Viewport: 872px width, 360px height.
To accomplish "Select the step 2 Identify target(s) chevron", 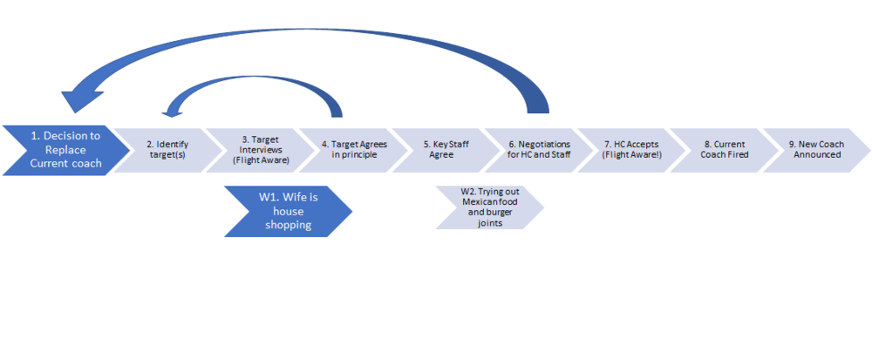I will [167, 149].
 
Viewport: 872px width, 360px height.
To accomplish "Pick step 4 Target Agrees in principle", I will [352, 149].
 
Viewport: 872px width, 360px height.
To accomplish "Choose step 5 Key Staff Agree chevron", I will [445, 149].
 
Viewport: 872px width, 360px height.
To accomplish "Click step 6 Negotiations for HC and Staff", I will [539, 149].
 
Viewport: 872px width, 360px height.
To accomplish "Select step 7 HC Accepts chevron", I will [630, 149].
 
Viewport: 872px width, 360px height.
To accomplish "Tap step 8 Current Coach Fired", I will [722, 149].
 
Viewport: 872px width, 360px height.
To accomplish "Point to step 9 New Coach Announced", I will [814, 149].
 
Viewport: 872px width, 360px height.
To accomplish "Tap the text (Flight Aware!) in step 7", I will [630, 155].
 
